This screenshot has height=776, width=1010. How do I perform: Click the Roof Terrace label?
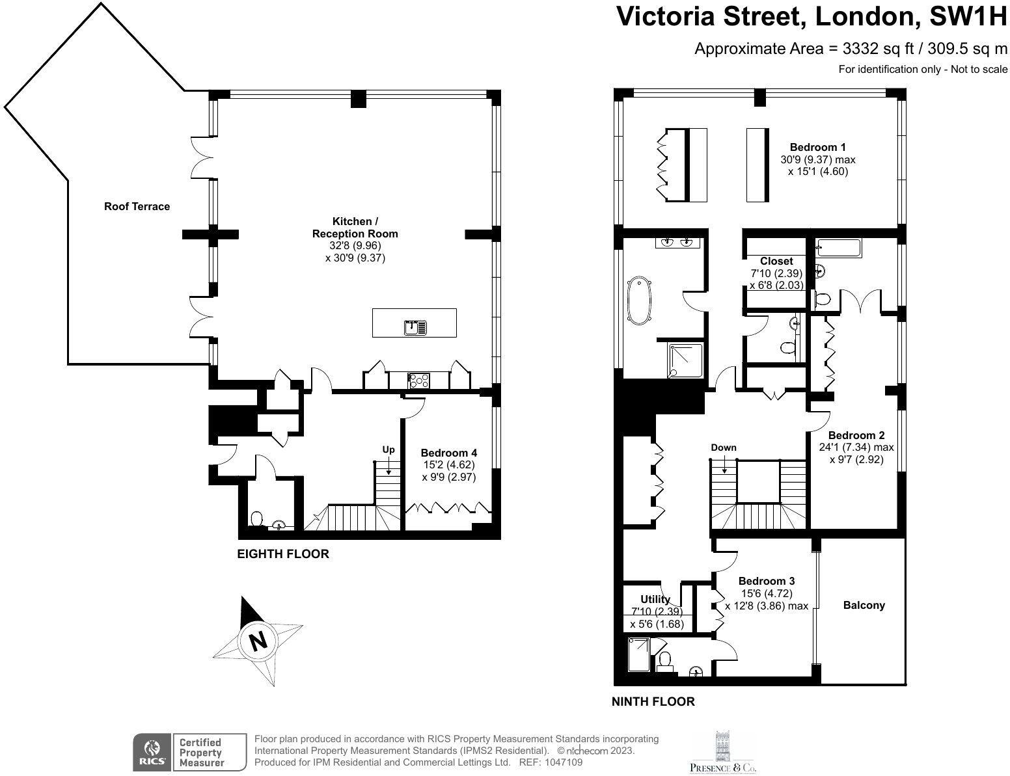pyautogui.click(x=137, y=207)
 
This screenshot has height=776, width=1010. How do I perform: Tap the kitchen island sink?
pyautogui.click(x=415, y=327)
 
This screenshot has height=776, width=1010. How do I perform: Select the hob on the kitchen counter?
pyautogui.click(x=418, y=381)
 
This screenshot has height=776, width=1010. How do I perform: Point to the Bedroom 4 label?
pyautogui.click(x=448, y=453)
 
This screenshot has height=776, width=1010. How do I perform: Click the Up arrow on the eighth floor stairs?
pyautogui.click(x=388, y=467)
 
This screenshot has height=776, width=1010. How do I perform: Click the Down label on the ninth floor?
pyautogui.click(x=723, y=448)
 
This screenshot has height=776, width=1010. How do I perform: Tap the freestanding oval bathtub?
pyautogui.click(x=639, y=301)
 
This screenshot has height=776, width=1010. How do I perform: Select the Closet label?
pyautogui.click(x=776, y=261)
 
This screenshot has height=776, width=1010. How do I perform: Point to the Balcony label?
pyautogui.click(x=864, y=605)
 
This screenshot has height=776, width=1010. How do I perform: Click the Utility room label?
pyautogui.click(x=655, y=599)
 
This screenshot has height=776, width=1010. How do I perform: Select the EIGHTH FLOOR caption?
pyautogui.click(x=282, y=554)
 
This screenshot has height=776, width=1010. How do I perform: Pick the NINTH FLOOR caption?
pyautogui.click(x=653, y=702)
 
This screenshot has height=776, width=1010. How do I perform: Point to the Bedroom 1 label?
pyautogui.click(x=817, y=147)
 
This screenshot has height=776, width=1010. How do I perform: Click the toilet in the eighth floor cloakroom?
pyautogui.click(x=256, y=518)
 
